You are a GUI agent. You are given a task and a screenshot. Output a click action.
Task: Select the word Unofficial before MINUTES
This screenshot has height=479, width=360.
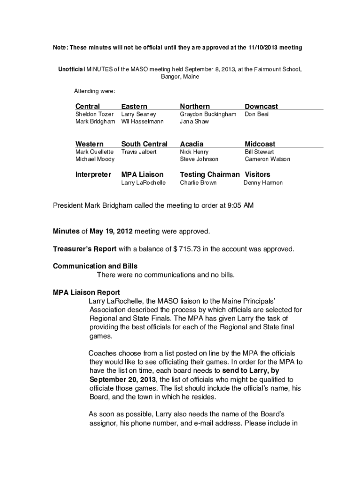click(71, 69)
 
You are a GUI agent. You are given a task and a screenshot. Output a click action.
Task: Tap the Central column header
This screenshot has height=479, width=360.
click(87, 107)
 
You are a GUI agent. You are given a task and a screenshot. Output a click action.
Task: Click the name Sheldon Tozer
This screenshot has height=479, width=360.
click(94, 114)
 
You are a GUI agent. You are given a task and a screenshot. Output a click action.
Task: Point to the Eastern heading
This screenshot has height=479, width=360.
click(134, 107)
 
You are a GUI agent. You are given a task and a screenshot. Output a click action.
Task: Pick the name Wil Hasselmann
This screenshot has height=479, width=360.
click(142, 122)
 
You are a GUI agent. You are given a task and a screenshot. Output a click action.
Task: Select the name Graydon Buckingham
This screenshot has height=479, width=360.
click(208, 114)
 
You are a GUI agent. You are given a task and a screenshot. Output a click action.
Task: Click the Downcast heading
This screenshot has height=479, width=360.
click(261, 107)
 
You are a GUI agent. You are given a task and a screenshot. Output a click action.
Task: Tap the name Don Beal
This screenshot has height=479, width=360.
click(257, 114)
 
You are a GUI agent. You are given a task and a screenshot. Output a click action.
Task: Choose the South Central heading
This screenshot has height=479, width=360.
click(144, 144)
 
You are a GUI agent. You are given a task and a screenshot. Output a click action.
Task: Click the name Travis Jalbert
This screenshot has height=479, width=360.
click(139, 152)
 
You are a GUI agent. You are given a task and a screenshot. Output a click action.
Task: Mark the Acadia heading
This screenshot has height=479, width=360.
click(192, 144)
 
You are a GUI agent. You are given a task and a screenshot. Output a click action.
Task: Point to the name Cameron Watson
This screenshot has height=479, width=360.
click(267, 160)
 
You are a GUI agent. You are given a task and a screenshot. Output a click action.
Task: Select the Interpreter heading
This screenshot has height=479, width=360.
click(94, 174)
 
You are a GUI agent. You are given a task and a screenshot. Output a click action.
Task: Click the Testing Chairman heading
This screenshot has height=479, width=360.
click(209, 174)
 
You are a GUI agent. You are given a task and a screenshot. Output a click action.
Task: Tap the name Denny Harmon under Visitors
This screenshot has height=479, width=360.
click(263, 183)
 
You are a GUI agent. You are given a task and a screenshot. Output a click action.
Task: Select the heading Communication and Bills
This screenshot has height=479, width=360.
click(95, 266)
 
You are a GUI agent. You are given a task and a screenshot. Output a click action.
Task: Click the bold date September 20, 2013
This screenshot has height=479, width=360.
click(123, 379)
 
